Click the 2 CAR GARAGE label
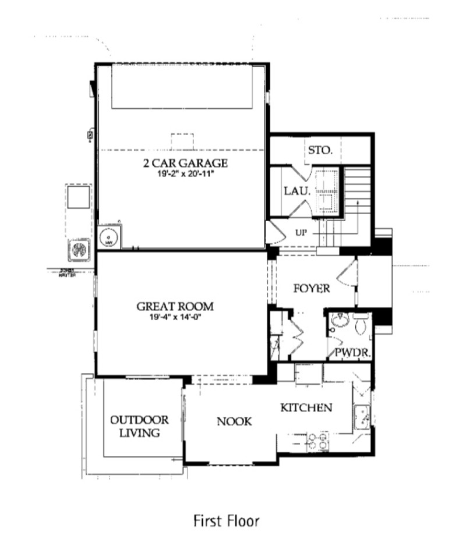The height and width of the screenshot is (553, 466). [x=185, y=162]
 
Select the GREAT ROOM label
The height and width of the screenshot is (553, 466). [x=175, y=306]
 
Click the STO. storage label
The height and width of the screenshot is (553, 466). [x=320, y=150]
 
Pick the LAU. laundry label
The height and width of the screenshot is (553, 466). [x=296, y=190]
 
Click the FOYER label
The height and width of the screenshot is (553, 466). [x=312, y=288]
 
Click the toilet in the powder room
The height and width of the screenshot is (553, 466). [x=361, y=323]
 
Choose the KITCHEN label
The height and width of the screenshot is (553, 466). [x=306, y=407]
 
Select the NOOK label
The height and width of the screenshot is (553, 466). [x=234, y=421]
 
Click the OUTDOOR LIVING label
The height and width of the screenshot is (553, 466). [x=140, y=426]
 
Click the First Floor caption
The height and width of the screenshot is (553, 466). [x=226, y=521]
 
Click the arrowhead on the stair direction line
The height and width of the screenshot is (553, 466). [x=356, y=202]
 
